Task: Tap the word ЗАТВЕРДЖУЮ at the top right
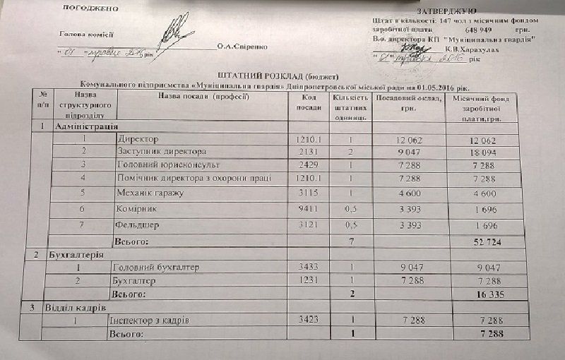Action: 443,12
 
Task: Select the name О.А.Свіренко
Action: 242,47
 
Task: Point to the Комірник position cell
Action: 137,209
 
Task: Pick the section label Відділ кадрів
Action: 78,308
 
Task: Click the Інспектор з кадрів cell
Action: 149,321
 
